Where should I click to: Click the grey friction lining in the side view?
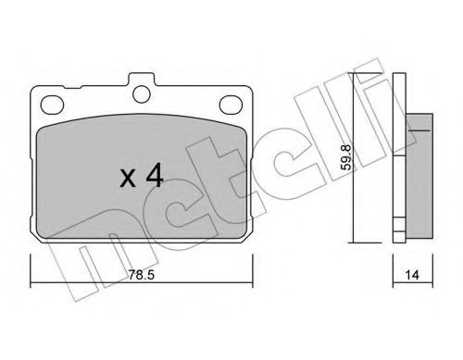421,173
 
